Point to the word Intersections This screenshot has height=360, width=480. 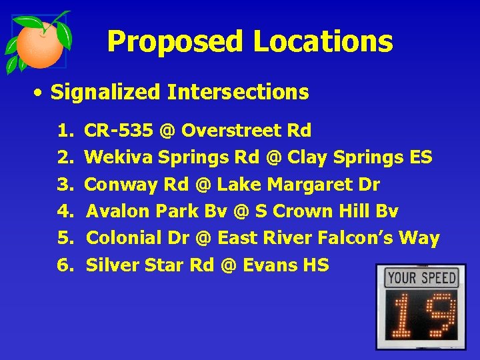238,92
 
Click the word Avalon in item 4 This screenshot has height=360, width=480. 117,211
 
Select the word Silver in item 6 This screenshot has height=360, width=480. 109,265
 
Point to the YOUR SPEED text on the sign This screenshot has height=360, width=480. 421,277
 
